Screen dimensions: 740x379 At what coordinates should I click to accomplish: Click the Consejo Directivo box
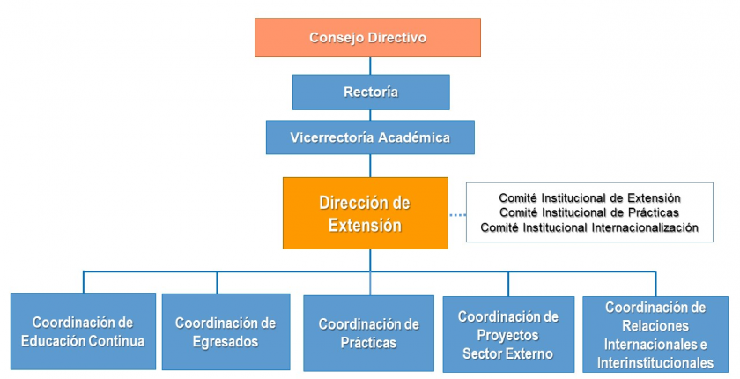point(367,37)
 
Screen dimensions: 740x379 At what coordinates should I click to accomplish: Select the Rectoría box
point(371,92)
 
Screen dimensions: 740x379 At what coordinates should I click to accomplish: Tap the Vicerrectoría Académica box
point(370,137)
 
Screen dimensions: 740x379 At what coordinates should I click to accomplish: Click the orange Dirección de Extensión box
point(366,213)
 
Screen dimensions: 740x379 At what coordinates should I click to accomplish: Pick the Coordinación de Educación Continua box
point(83,331)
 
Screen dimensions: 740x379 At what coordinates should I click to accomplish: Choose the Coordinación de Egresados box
point(226,331)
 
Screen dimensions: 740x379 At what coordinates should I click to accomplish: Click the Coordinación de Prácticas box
point(368,333)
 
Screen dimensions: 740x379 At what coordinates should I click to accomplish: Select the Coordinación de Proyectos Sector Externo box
point(508,334)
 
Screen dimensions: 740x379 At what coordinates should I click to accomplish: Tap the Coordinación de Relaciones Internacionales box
point(655,335)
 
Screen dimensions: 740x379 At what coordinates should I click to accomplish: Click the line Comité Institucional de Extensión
point(589,197)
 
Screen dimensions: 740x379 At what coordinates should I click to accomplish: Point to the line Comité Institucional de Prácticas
point(589,212)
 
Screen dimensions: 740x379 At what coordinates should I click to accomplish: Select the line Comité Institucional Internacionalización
point(589,227)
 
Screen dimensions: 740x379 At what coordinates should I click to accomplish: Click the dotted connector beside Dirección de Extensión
point(457,215)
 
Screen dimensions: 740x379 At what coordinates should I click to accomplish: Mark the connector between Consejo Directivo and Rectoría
point(370,66)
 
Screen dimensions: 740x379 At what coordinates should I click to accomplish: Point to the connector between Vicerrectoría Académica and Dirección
point(370,166)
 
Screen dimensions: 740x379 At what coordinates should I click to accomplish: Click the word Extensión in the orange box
point(365,225)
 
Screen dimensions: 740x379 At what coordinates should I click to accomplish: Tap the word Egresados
point(226,341)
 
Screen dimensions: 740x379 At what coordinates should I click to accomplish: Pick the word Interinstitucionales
point(655,362)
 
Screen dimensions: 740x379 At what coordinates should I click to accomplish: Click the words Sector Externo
point(507,353)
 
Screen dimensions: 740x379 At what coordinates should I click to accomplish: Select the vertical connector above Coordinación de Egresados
point(217,283)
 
